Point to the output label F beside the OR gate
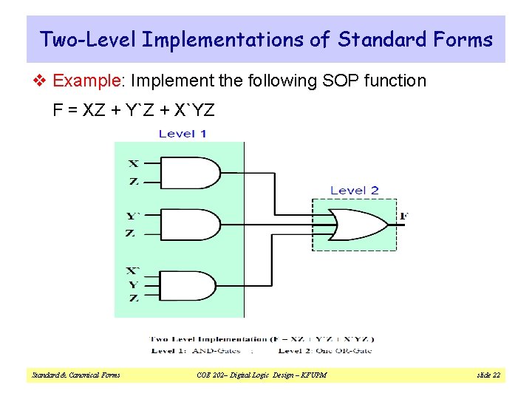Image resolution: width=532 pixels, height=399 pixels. [403, 216]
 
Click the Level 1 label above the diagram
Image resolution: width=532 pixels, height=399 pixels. [183, 134]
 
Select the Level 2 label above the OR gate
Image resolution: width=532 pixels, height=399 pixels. [354, 191]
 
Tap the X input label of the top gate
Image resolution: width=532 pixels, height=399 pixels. [133, 163]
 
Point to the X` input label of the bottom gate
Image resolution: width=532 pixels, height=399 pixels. [133, 271]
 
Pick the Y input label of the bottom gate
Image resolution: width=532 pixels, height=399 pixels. [133, 284]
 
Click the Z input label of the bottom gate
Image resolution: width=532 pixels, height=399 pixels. [133, 298]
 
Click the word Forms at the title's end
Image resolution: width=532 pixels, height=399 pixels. [465, 39]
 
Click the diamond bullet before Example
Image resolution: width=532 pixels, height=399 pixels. [44, 81]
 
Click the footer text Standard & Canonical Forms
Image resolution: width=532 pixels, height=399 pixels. [76, 375]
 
